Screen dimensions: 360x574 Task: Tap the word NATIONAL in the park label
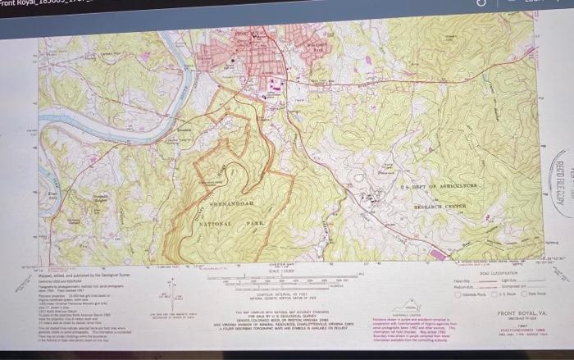[x=216, y=223]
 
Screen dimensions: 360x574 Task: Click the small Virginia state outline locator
[x=407, y=304]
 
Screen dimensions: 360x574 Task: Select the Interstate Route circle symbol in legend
[x=493, y=294]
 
